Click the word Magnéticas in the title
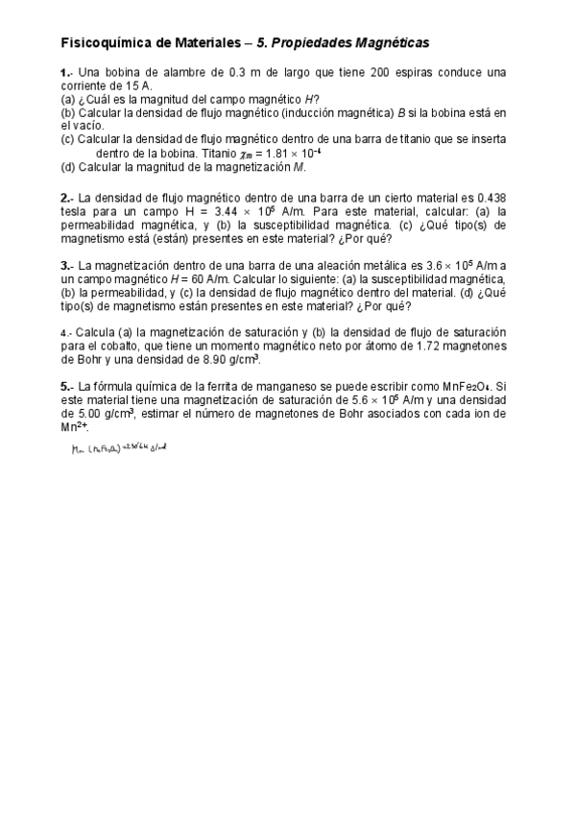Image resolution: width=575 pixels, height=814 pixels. click(x=391, y=43)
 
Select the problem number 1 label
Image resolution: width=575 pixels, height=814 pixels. click(x=64, y=73)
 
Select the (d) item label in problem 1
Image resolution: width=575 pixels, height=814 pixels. click(x=67, y=167)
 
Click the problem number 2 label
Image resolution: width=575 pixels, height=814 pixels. click(x=64, y=198)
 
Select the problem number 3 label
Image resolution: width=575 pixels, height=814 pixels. click(x=64, y=266)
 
